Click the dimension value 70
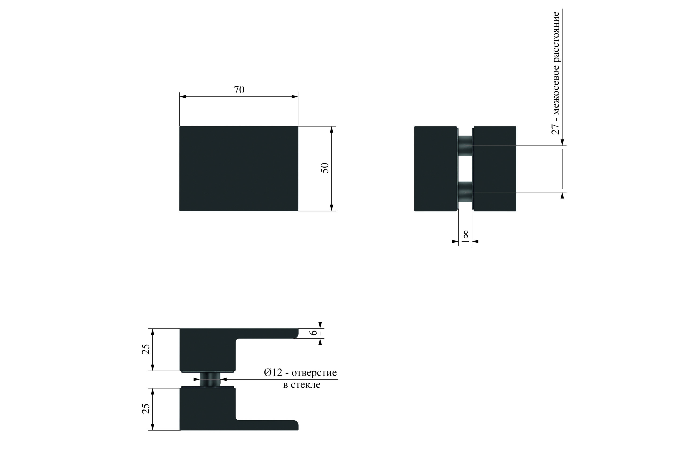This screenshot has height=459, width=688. point(239,90)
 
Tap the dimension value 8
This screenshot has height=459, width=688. point(465,234)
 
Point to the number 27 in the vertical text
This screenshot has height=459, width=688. point(555,129)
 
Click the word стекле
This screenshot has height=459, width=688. point(306,385)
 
